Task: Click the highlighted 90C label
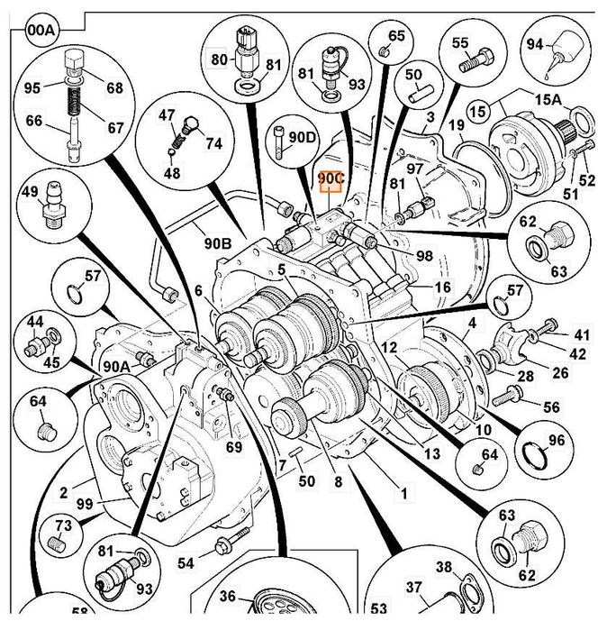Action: pyautogui.click(x=331, y=179)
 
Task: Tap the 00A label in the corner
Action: pyautogui.click(x=41, y=30)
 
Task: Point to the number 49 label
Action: pyautogui.click(x=30, y=191)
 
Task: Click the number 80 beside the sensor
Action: pyautogui.click(x=219, y=60)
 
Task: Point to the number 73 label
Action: pyautogui.click(x=63, y=526)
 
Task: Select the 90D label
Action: pyautogui.click(x=304, y=137)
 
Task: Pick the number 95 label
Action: pyautogui.click(x=32, y=87)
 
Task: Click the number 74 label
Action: pyautogui.click(x=213, y=142)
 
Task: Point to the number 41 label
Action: pyautogui.click(x=583, y=333)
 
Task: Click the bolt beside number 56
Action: pyautogui.click(x=512, y=393)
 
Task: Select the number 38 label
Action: pyautogui.click(x=444, y=567)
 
